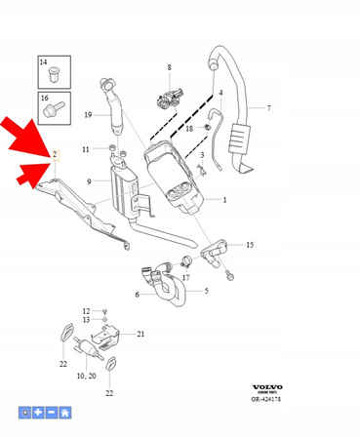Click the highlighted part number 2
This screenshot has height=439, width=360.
(55, 154)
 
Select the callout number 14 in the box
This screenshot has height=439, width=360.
(44, 63)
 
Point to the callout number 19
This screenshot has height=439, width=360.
(88, 115)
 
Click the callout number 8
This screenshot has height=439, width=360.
(168, 67)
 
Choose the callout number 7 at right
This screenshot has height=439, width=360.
(268, 106)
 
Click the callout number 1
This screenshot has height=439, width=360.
(223, 199)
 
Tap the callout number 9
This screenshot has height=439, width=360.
(90, 181)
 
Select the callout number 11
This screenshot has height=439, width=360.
(87, 149)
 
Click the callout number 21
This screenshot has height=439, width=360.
(140, 335)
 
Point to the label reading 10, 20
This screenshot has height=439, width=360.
(86, 375)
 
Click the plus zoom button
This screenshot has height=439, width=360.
(37, 413)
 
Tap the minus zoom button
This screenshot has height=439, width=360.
(51, 413)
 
